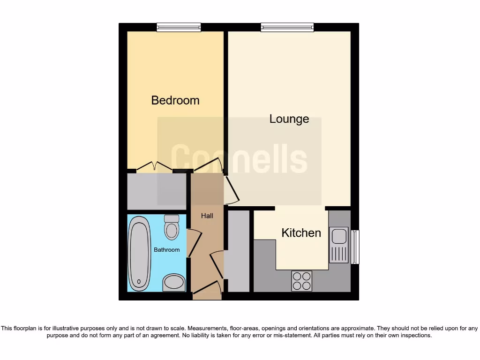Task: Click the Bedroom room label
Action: [175, 100]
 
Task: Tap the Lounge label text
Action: [289, 119]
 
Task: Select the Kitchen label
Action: [301, 233]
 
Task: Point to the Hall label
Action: [207, 216]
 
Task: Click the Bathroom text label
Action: [167, 250]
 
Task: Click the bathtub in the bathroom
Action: [140, 254]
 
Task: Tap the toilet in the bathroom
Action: [172, 228]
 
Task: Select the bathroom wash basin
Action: [174, 282]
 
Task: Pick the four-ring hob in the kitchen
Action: [301, 281]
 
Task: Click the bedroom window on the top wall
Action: [179, 27]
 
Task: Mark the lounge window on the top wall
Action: [287, 27]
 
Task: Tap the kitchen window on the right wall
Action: [355, 247]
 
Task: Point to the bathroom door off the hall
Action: [194, 243]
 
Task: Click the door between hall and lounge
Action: [232, 190]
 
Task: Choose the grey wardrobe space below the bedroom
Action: [157, 191]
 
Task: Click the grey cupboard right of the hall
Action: [238, 251]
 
